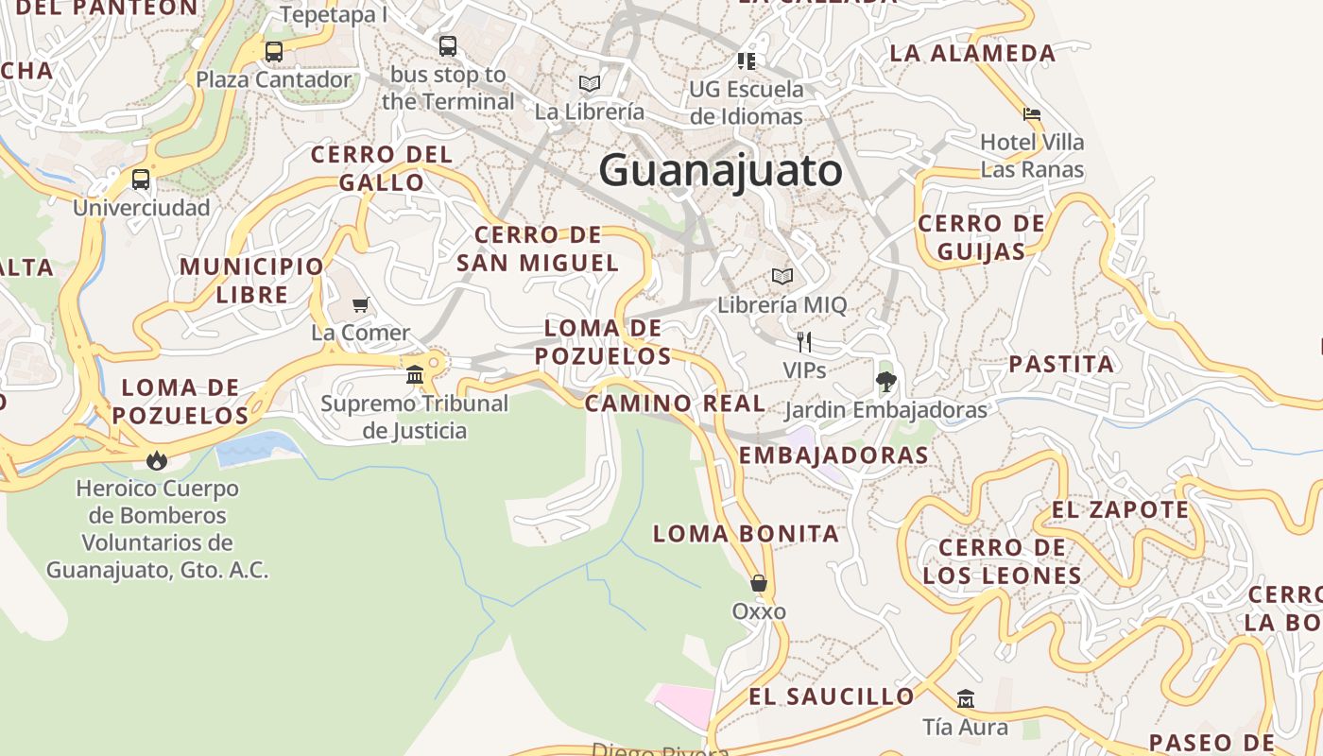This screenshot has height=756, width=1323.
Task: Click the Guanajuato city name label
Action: point(720,171)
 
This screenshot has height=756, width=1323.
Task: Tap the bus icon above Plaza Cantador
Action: point(274,52)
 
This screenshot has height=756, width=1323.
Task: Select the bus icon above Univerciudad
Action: point(141,179)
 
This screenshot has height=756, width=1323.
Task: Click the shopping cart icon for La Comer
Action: point(360,304)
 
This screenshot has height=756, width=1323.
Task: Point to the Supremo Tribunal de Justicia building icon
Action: point(414,375)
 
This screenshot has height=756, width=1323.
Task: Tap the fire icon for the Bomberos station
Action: point(157,460)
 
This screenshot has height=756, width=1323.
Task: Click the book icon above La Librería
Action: point(590,83)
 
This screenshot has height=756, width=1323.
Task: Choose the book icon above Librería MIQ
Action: point(782,276)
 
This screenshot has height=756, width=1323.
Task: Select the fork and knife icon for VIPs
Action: point(804,341)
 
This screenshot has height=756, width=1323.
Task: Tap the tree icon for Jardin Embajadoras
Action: point(885,382)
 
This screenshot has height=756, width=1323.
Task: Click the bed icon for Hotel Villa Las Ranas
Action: point(1032,114)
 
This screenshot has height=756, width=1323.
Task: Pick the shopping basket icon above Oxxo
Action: point(758,583)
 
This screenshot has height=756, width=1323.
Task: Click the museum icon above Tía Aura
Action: point(965,699)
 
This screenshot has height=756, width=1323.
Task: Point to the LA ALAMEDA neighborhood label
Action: point(972,53)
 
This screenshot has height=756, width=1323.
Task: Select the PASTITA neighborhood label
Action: point(1061,364)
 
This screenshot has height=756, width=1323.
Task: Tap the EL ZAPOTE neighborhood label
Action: point(1120,509)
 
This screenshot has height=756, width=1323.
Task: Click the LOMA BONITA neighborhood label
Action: point(746,533)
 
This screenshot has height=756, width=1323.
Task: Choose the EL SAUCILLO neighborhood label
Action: point(832,696)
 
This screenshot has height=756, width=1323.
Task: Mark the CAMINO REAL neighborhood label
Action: point(675,404)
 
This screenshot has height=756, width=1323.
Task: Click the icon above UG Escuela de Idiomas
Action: point(747,61)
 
